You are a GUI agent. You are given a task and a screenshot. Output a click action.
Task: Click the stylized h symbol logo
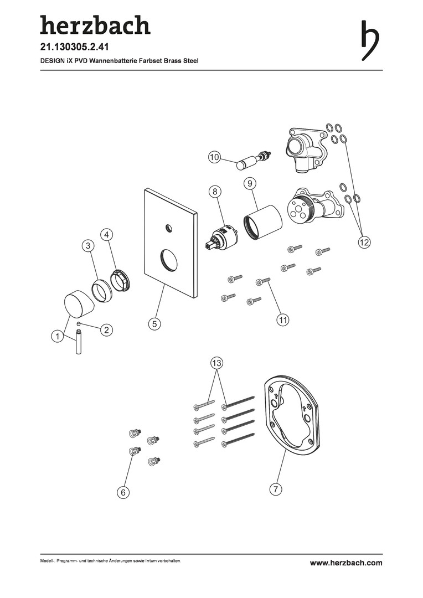pyautogui.click(x=370, y=39)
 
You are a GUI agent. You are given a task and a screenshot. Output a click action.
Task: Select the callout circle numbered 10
pyautogui.click(x=215, y=157)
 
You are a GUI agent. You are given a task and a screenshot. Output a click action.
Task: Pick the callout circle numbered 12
pyautogui.click(x=364, y=242)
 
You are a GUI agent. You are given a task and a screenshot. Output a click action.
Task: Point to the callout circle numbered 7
pyautogui.click(x=275, y=489)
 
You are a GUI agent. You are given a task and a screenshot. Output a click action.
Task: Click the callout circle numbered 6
pyautogui.click(x=123, y=492)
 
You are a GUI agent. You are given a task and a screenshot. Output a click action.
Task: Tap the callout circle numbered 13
pyautogui.click(x=216, y=363)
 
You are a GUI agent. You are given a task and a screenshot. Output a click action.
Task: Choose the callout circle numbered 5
pyautogui.click(x=154, y=324)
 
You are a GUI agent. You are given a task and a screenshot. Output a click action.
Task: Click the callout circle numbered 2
pyautogui.click(x=106, y=329)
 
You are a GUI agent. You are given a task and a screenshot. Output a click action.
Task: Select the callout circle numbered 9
pyautogui.click(x=250, y=183)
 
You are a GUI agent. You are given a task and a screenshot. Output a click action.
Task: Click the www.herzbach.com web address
pyautogui.click(x=346, y=563)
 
